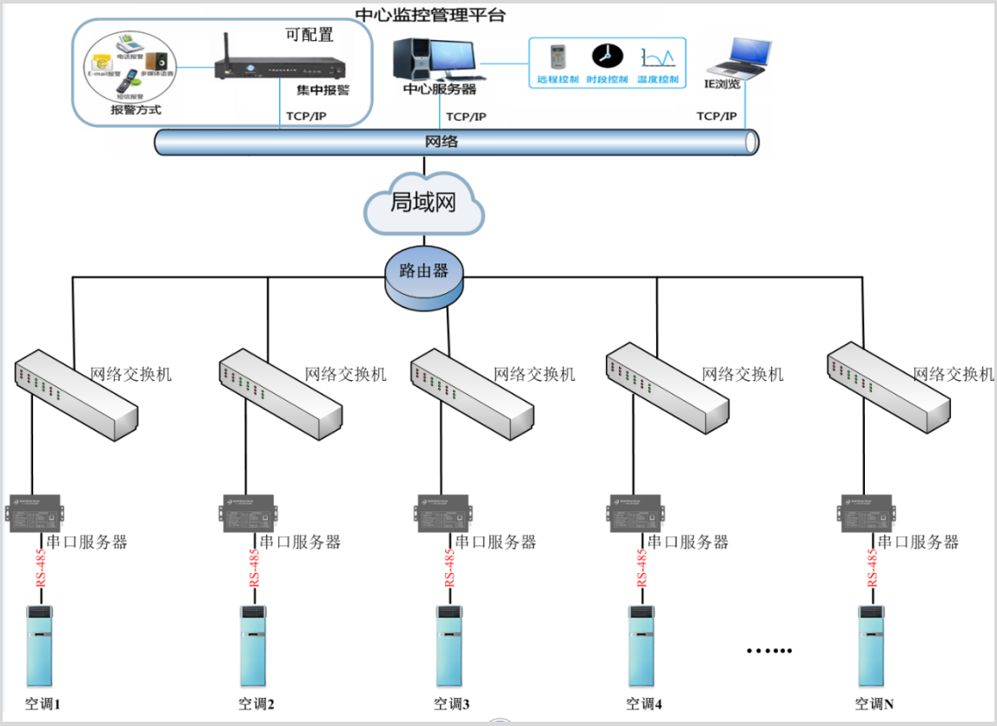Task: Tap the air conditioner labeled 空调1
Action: tap(39, 647)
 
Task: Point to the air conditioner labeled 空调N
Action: tap(873, 647)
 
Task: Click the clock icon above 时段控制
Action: tap(606, 57)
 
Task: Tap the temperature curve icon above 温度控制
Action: tap(657, 58)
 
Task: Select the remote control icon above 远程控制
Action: tap(557, 57)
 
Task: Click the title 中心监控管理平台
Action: tap(430, 15)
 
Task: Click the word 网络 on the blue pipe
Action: tap(441, 142)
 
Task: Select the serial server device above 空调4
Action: tap(635, 513)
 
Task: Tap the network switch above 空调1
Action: tap(76, 392)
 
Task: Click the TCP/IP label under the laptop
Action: tap(716, 116)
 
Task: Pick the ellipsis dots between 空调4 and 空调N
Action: tap(769, 650)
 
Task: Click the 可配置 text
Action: tap(309, 35)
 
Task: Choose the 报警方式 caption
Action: tap(136, 110)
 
